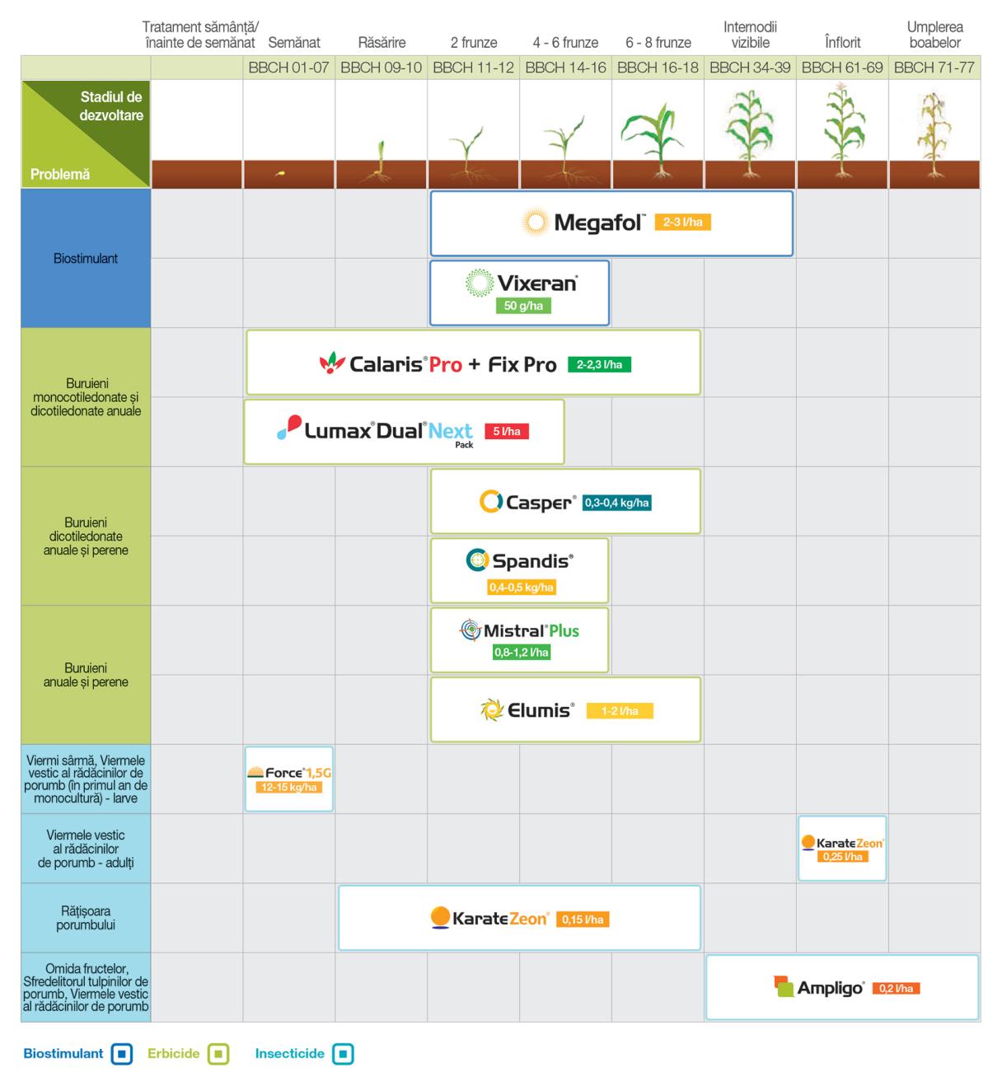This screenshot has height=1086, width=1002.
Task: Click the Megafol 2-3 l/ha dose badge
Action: pyautogui.click(x=682, y=222)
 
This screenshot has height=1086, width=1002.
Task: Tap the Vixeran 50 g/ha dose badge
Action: pyautogui.click(x=523, y=306)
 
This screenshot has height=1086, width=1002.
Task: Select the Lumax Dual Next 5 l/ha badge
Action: pyautogui.click(x=507, y=431)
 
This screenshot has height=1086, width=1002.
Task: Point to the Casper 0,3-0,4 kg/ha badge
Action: pyautogui.click(x=616, y=503)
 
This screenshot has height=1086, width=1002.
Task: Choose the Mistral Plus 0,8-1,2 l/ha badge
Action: pyautogui.click(x=522, y=652)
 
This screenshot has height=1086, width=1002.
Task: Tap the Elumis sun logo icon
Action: pyautogui.click(x=492, y=709)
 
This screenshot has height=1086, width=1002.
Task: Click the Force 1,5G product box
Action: pyautogui.click(x=288, y=779)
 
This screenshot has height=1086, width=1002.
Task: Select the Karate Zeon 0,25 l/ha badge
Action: pyautogui.click(x=842, y=856)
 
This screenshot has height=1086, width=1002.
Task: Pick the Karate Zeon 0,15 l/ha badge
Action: pyautogui.click(x=583, y=920)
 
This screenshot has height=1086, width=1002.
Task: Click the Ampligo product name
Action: pyautogui.click(x=831, y=988)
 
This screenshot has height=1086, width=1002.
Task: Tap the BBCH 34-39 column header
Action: pyautogui.click(x=750, y=68)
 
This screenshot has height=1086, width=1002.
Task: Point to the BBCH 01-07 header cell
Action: pyautogui.click(x=288, y=68)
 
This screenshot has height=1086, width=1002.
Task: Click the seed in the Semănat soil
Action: pyautogui.click(x=280, y=174)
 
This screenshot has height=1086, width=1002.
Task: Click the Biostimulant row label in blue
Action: pyautogui.click(x=86, y=258)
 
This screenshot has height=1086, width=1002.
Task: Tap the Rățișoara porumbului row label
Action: pyautogui.click(x=86, y=918)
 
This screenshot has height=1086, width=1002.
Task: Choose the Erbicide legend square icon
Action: pyautogui.click(x=218, y=1054)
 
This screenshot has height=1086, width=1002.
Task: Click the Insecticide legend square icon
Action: pyautogui.click(x=343, y=1054)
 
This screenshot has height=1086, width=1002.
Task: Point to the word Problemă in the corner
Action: pyautogui.click(x=59, y=174)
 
